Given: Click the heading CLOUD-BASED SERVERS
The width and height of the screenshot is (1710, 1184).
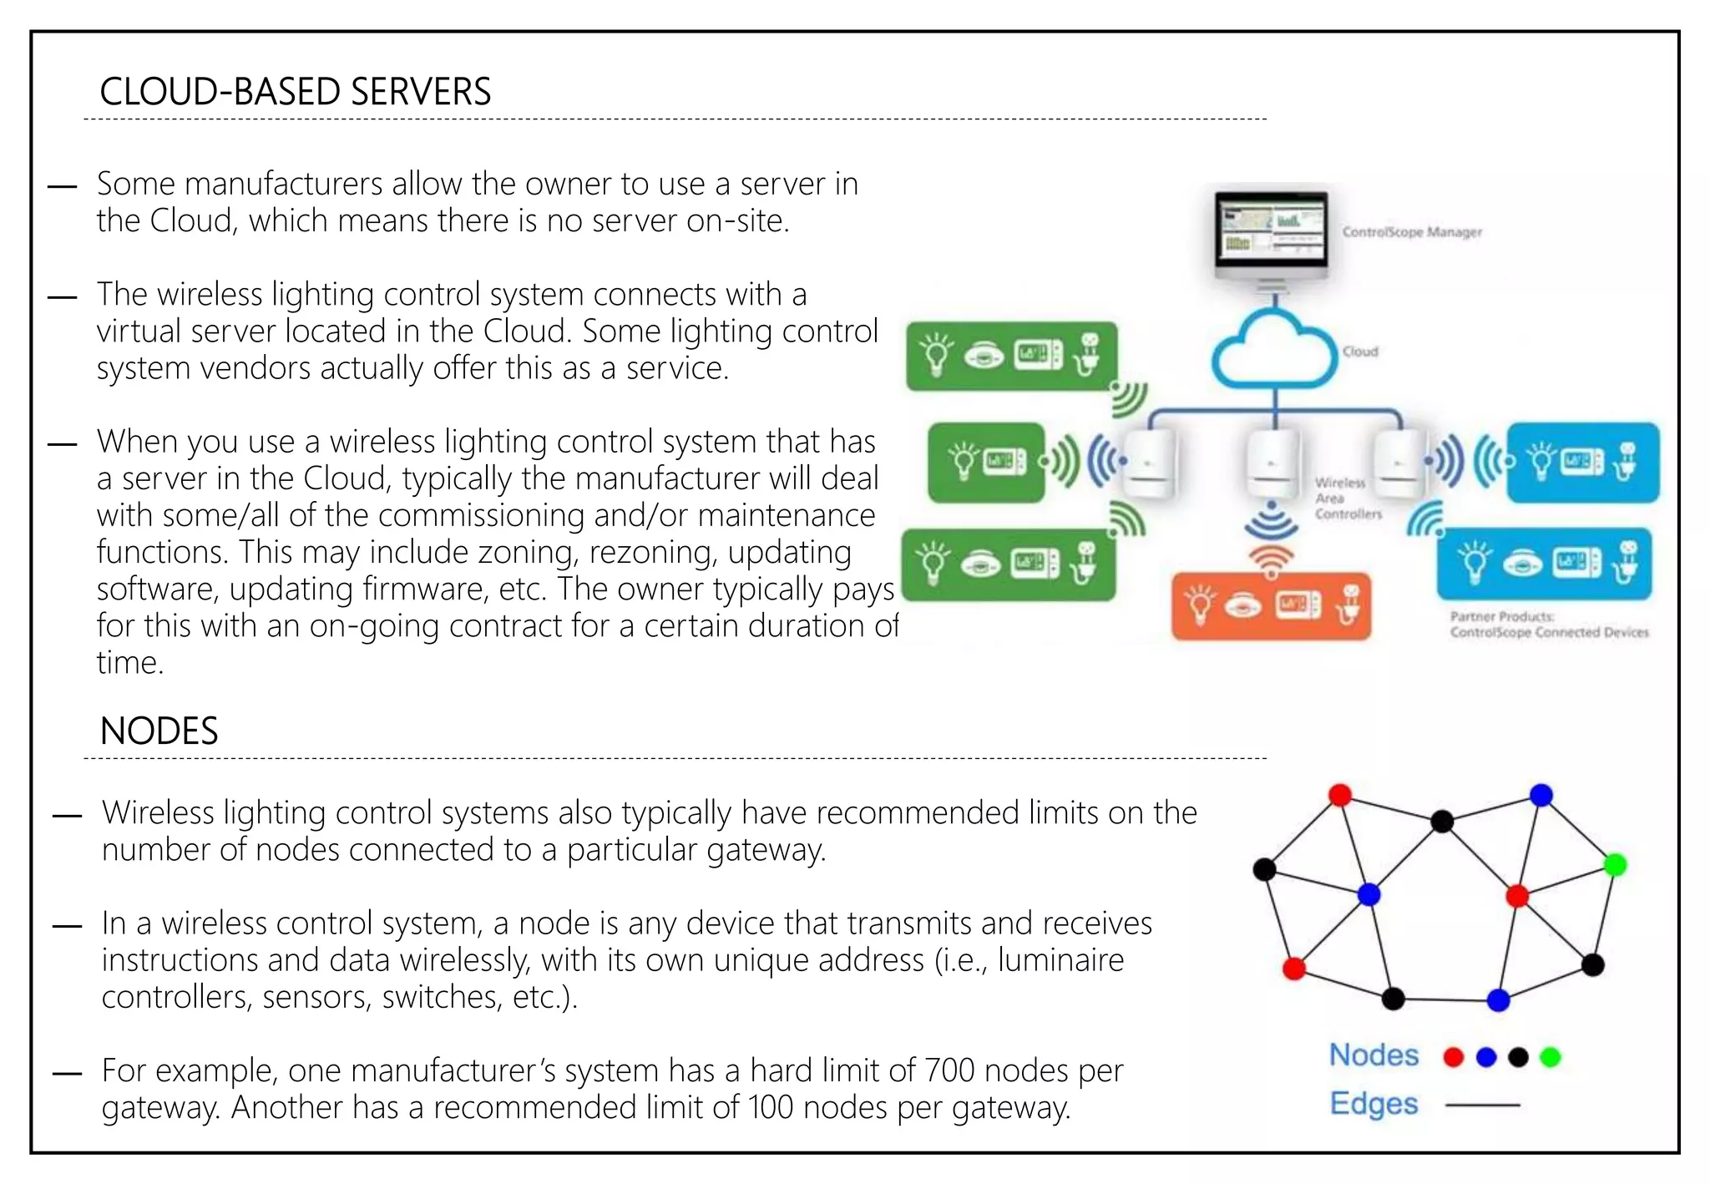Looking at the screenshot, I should point(295,91).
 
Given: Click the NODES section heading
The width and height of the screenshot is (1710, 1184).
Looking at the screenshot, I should point(159,731).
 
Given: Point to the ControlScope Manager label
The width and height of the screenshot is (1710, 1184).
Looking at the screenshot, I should point(1411,232).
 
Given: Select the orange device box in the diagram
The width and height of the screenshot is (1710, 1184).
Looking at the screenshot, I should point(1270,606).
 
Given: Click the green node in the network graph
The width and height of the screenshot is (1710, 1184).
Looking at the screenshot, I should point(1615,865).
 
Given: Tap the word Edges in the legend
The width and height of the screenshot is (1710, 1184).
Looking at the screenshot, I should point(1374,1103).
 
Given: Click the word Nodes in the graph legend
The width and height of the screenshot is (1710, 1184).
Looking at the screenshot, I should point(1374,1055).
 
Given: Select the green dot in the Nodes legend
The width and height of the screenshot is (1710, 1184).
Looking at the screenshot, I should point(1550,1057).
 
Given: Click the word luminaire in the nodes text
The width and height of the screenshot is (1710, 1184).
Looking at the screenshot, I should point(1060,960).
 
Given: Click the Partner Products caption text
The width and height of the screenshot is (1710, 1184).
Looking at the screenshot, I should point(1549,625).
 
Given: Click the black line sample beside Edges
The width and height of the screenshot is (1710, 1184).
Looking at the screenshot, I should point(1482,1105).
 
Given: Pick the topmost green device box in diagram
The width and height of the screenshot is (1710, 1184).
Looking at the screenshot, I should point(1011,357).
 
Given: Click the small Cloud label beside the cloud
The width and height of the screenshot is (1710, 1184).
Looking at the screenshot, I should point(1360,352).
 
